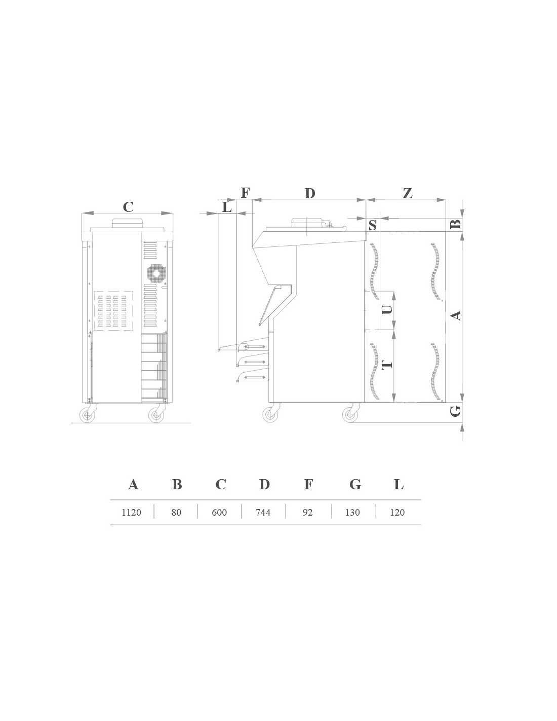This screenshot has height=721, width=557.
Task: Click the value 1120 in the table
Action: coord(131,512)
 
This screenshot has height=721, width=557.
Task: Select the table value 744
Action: coord(263,512)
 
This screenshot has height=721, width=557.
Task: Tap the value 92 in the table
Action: coord(307,512)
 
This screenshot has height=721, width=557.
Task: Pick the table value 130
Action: coord(352,512)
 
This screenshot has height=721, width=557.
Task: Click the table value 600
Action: coord(219,512)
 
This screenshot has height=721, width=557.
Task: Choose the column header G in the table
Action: coord(355,485)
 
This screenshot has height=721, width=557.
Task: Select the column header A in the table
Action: coord(133,485)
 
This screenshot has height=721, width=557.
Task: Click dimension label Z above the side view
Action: coord(408,193)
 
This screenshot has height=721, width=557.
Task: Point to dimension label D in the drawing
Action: coord(310,193)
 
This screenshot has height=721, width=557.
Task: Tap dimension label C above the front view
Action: coord(128,207)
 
